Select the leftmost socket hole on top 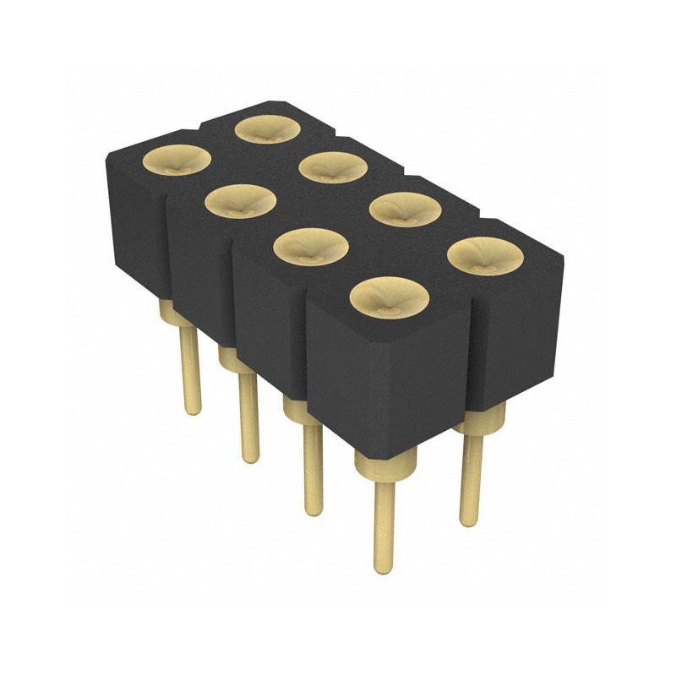176,160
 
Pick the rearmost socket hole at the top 269,128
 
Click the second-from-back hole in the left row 241,202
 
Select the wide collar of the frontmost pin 385,464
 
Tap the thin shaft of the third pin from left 313,469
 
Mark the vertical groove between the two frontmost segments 306,355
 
